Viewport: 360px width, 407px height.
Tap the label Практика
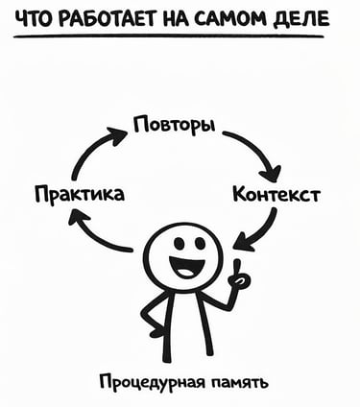(x=79, y=196)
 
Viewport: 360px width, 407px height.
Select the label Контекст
(x=276, y=196)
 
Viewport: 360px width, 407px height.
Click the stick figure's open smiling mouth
(x=186, y=266)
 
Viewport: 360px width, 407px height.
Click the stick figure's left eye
(x=177, y=241)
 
